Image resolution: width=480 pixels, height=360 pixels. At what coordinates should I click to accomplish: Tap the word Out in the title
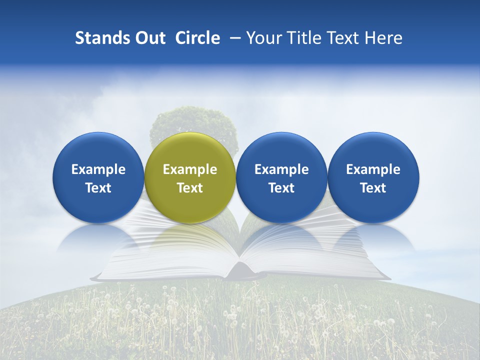(x=148, y=38)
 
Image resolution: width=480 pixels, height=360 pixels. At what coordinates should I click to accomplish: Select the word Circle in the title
(x=197, y=38)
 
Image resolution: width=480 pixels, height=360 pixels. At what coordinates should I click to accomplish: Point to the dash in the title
(x=233, y=38)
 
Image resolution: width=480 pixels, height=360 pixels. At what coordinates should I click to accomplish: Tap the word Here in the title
(x=383, y=38)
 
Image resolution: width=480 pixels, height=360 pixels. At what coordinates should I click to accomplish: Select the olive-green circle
(x=190, y=150)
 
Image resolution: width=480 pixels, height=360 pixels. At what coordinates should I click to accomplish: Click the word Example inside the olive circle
(x=190, y=169)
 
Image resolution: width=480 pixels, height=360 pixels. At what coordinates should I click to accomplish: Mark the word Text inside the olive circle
(x=190, y=188)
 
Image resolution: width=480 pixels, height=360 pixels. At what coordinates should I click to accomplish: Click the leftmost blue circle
(x=98, y=150)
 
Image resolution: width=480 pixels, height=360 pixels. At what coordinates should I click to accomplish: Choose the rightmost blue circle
(x=373, y=150)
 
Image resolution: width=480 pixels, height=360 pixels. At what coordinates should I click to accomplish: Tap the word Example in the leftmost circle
(x=98, y=169)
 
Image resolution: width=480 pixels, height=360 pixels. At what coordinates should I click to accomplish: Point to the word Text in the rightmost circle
(x=373, y=188)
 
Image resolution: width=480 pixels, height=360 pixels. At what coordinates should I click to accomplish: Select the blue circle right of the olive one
(x=281, y=150)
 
